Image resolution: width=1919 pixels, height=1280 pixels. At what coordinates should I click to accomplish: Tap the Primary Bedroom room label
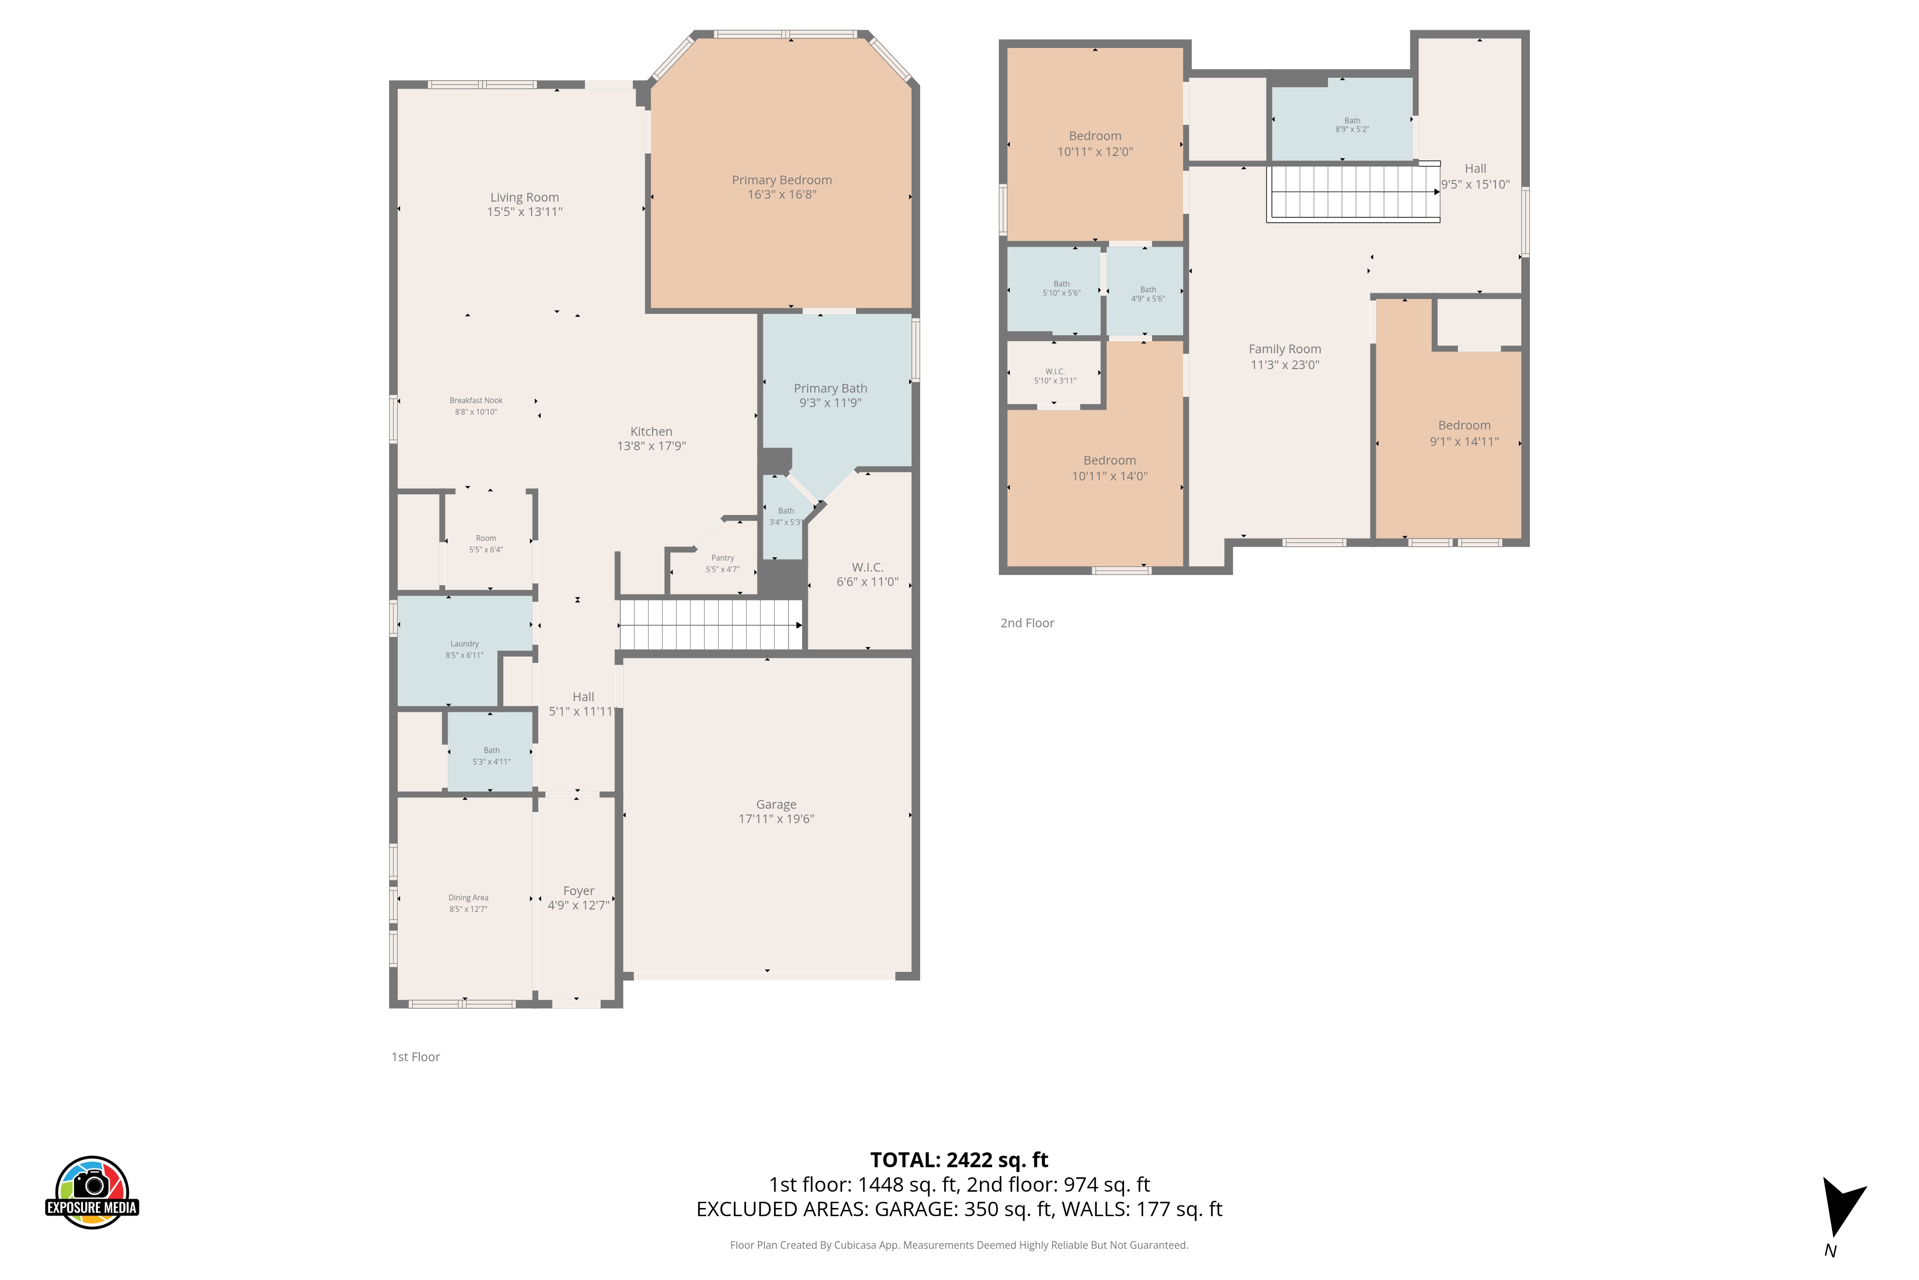782,179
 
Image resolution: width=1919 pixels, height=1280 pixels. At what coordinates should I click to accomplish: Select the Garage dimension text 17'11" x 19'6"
776,819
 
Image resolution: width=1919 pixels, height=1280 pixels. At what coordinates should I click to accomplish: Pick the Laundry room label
464,643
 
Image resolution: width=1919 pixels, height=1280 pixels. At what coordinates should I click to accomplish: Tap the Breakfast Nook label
475,400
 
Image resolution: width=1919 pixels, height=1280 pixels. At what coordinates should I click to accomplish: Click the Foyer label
579,891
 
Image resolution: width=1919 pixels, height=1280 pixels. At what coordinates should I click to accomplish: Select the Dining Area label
468,897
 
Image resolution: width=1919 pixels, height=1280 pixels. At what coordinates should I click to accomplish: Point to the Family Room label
1284,348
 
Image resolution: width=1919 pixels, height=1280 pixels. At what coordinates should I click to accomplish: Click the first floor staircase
711,624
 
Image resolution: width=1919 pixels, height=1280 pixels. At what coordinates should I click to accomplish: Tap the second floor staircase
1353,192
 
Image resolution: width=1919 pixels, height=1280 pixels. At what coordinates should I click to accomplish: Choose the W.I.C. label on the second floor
1055,371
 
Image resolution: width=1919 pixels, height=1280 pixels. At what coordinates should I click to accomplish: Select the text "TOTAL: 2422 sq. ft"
959,1160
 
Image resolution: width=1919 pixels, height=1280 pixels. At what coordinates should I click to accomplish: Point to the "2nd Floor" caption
1027,623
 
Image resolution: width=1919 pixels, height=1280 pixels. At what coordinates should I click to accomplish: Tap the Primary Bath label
830,388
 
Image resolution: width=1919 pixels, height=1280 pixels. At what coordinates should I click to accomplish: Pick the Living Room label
525,197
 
